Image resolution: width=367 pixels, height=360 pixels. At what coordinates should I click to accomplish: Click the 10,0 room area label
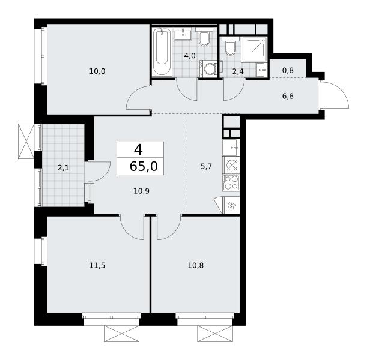click(x=97, y=71)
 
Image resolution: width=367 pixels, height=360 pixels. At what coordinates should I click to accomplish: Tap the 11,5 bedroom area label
click(x=97, y=265)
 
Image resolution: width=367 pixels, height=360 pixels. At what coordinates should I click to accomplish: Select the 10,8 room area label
click(x=196, y=265)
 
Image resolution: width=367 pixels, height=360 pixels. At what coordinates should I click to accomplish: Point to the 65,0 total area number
click(x=144, y=167)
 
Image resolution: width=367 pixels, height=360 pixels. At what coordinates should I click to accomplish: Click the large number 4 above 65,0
click(x=138, y=150)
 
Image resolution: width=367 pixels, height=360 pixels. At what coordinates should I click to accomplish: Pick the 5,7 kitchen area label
click(x=206, y=166)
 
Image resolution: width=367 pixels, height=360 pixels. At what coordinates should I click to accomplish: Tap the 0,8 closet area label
click(x=288, y=70)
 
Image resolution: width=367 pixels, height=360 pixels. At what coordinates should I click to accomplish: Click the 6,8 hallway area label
click(x=288, y=96)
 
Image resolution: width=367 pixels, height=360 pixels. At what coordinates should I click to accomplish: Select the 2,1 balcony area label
click(x=63, y=167)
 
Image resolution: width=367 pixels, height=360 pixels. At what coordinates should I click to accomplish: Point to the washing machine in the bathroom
click(x=209, y=68)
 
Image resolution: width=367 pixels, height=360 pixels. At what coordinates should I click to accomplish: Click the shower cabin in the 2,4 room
click(x=254, y=49)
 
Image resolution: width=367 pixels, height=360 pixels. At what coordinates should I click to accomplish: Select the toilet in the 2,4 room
click(x=230, y=46)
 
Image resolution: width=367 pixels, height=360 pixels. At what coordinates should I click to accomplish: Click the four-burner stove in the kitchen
click(x=231, y=182)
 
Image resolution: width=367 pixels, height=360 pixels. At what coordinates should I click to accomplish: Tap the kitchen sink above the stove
click(x=231, y=148)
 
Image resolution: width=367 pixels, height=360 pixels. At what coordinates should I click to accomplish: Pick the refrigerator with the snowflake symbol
click(x=232, y=205)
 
